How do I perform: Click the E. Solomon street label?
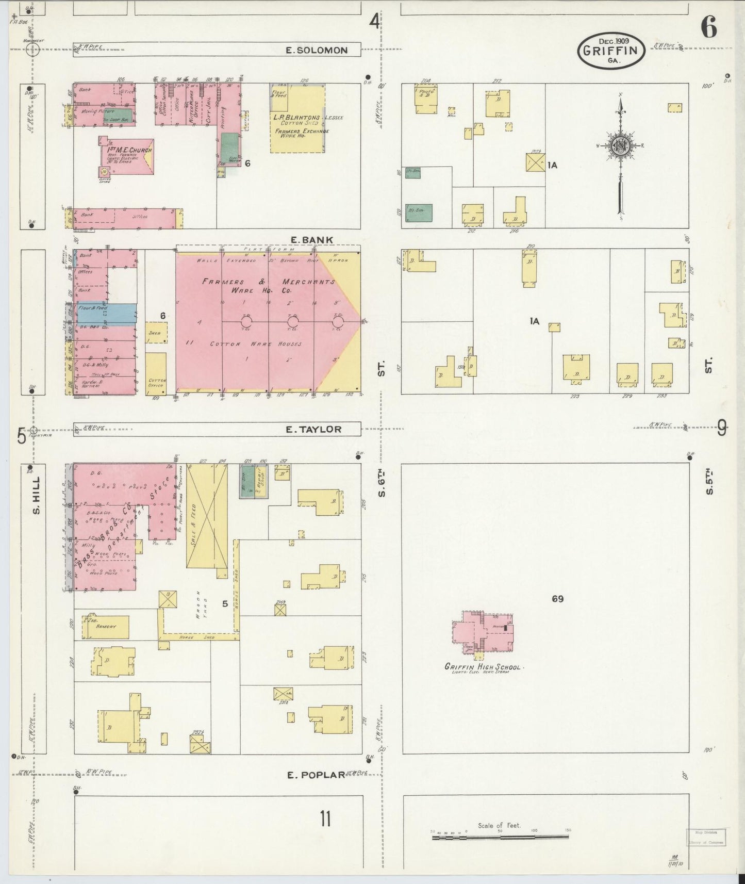(x=317, y=50)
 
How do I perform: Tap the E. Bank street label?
(x=311, y=240)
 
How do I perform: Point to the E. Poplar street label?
(x=315, y=775)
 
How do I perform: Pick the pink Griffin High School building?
(x=483, y=632)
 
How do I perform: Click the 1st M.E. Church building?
(x=127, y=156)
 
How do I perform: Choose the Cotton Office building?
(x=156, y=374)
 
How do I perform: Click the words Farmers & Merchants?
(x=268, y=282)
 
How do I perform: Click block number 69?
(x=557, y=599)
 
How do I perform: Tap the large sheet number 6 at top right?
(x=709, y=28)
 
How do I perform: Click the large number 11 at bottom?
(x=325, y=818)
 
